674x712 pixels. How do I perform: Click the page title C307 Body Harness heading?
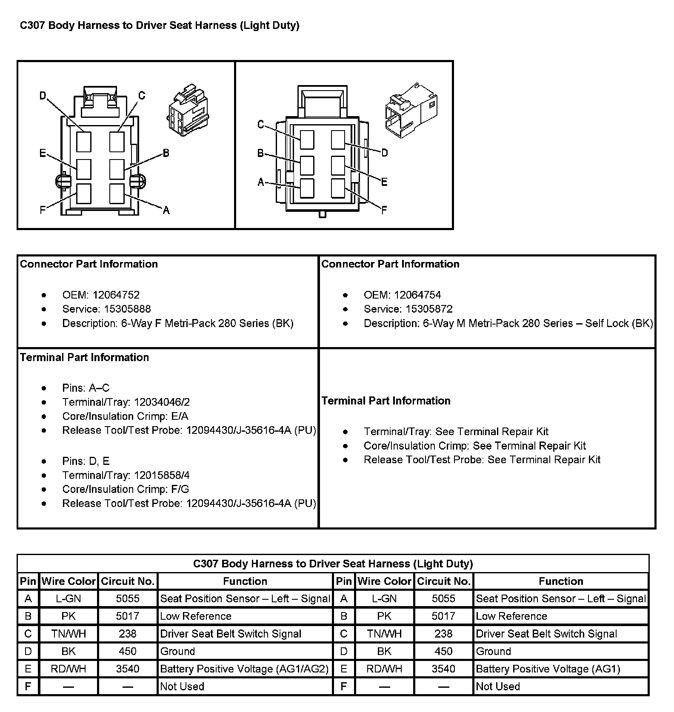click(160, 26)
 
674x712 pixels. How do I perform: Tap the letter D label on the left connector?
click(43, 96)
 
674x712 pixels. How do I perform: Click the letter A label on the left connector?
click(166, 210)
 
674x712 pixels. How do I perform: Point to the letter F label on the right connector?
click(384, 210)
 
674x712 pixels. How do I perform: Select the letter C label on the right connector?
click(261, 124)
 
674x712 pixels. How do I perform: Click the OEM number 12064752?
click(116, 295)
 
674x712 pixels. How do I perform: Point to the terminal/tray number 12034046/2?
click(162, 402)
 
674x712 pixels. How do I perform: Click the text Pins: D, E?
click(86, 461)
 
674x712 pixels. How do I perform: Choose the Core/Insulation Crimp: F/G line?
click(126, 489)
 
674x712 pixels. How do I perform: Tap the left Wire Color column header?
click(69, 581)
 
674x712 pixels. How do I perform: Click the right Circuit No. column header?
click(443, 581)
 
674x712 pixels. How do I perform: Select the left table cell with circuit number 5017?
click(128, 616)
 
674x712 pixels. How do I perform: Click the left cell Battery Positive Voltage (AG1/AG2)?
click(244, 669)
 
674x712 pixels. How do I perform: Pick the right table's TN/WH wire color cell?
click(384, 634)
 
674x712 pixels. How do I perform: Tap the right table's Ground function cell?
click(494, 651)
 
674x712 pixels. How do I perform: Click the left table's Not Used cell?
click(182, 686)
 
